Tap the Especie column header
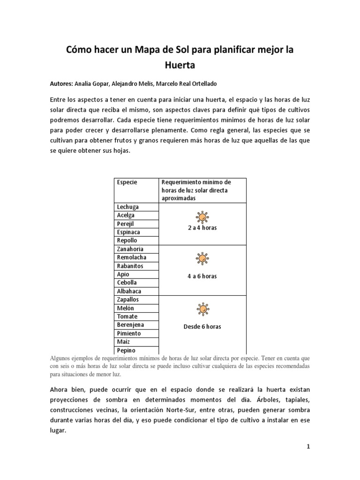(127, 182)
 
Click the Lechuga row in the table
(127, 207)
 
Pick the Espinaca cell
(128, 232)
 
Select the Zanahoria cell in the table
(130, 249)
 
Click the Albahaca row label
(129, 292)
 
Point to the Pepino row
(126, 350)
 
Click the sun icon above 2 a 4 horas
(202, 217)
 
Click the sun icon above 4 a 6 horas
(202, 258)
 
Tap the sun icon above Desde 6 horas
(202, 309)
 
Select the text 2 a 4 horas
(202, 228)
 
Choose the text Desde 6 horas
(202, 326)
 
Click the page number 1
(308, 447)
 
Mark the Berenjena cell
(130, 325)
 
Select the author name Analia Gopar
(92, 83)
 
